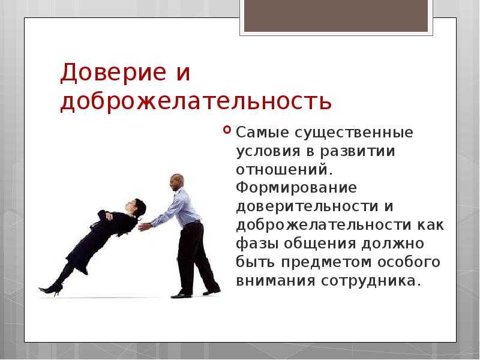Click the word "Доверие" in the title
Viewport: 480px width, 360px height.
113,73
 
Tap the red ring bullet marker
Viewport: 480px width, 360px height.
227,130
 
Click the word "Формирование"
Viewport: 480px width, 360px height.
296,188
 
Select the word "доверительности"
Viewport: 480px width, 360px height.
307,206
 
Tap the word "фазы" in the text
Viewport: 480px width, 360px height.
257,244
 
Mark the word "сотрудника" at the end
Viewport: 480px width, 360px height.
369,281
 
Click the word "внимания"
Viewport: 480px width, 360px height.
275,281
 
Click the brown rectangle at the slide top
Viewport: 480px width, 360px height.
336,16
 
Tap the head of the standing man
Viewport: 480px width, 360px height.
177,182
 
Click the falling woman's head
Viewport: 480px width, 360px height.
136,207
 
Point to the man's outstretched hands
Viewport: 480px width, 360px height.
145,227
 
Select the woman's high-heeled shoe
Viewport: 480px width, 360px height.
51,289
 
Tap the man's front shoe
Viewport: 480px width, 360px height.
182,295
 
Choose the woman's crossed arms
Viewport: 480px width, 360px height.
106,216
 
